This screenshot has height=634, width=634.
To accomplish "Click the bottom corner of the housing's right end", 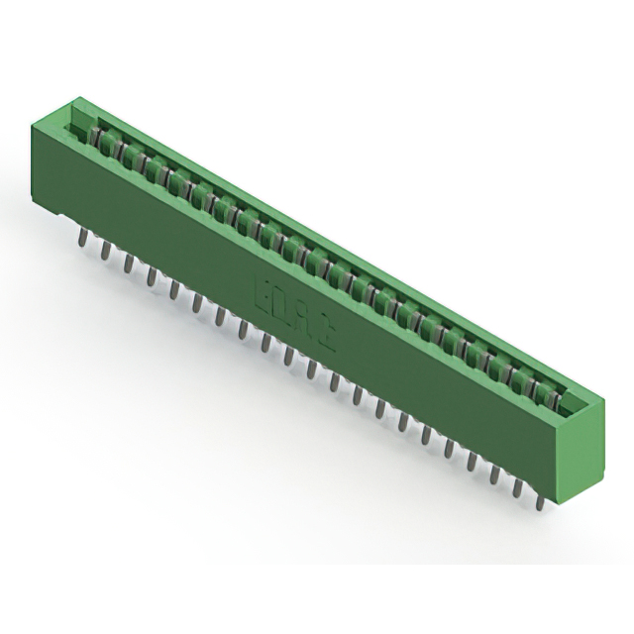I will (561, 489).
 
